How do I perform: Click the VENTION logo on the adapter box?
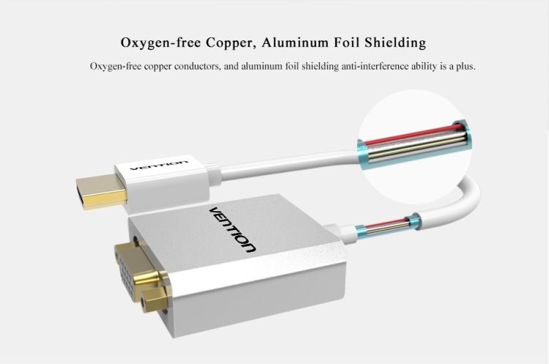click(x=233, y=228)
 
